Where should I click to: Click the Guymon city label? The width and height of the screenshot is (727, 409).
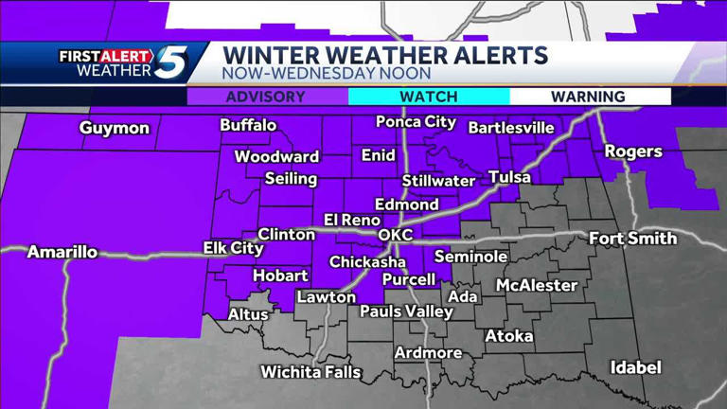[115, 128]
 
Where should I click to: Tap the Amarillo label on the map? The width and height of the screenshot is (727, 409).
[62, 252]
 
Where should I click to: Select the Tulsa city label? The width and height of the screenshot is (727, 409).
[509, 177]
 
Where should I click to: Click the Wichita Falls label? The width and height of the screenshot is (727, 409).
[310, 372]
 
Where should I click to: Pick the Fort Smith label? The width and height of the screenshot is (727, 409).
[632, 239]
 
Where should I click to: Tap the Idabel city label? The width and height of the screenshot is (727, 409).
[635, 367]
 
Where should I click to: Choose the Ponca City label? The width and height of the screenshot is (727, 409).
[416, 122]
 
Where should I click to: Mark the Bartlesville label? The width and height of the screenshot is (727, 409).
[511, 127]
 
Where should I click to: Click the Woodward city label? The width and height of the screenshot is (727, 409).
[276, 156]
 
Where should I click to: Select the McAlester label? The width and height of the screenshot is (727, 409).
[537, 285]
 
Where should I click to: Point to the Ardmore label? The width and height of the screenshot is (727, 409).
[429, 353]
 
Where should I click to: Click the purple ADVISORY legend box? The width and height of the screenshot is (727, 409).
[268, 97]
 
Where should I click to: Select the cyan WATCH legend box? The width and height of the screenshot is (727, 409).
[429, 97]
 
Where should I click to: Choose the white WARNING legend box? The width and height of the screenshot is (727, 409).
[590, 97]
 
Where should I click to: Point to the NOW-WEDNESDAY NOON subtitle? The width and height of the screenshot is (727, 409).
[327, 73]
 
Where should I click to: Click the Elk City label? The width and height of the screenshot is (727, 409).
[233, 248]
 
